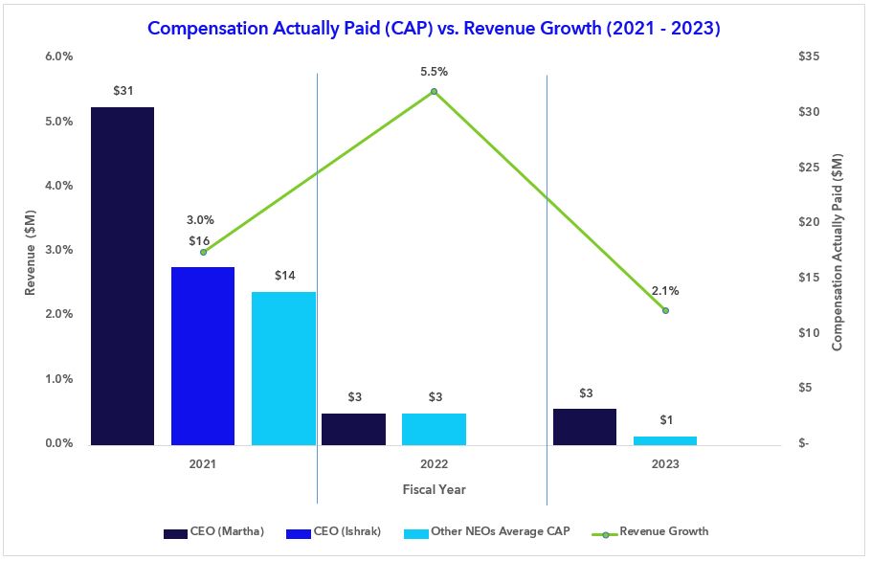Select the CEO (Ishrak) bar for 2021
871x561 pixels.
(x=203, y=355)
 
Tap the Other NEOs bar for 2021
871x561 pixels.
(x=283, y=368)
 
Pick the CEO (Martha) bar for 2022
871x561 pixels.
(x=353, y=429)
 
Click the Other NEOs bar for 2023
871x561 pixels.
(x=665, y=440)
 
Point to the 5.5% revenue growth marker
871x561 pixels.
(x=434, y=91)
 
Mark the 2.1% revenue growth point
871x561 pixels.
(x=665, y=310)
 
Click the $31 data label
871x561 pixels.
(x=122, y=91)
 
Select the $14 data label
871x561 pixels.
(x=284, y=276)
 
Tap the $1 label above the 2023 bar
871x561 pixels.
(x=665, y=420)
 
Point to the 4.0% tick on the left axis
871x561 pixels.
(x=60, y=186)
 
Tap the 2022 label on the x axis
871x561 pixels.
(x=434, y=464)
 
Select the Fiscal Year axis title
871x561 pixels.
(x=434, y=489)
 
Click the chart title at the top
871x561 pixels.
(x=435, y=29)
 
